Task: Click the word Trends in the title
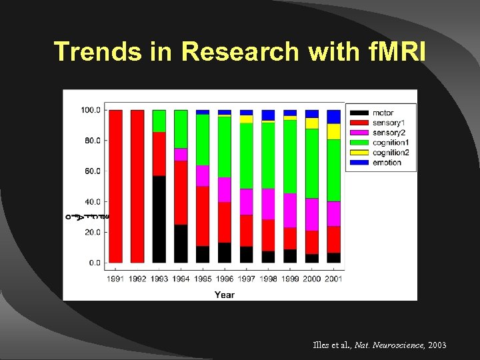point(97,51)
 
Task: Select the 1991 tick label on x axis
point(115,279)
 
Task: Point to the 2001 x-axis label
point(333,279)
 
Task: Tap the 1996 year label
point(225,279)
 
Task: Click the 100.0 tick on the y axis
point(90,110)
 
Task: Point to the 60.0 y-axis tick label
point(91,171)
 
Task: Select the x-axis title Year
point(224,295)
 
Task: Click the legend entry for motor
point(382,113)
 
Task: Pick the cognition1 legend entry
point(389,143)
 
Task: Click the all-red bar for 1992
point(137,187)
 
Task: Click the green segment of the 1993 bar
point(159,121)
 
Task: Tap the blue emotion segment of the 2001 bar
point(333,117)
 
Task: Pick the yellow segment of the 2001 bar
point(333,131)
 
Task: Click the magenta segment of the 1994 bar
point(181,154)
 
